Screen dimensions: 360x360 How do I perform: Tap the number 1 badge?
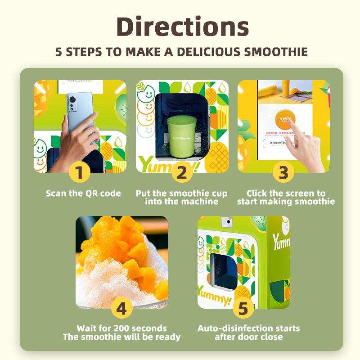point(80,172)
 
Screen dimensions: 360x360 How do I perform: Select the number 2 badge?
point(181,172)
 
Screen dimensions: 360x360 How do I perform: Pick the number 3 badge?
point(283,172)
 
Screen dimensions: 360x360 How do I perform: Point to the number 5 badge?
point(243,308)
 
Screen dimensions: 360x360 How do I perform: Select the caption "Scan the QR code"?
point(83,193)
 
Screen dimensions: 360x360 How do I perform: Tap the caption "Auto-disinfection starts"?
point(248,328)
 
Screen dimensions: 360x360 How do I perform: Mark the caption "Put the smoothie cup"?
point(182,193)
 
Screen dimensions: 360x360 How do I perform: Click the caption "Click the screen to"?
point(286,193)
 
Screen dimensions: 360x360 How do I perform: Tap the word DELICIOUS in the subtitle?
point(207,51)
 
